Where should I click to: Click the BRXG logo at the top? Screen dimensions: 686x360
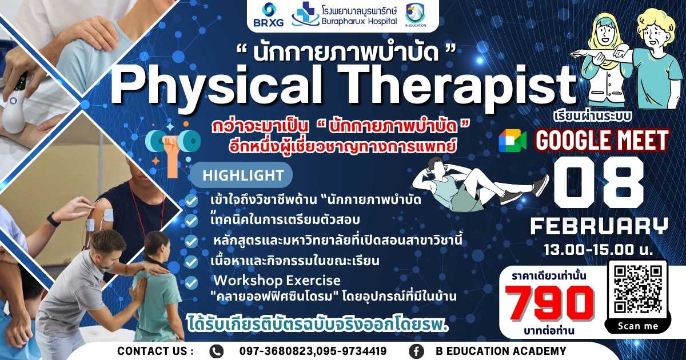[268, 15]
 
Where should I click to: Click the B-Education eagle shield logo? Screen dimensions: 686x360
[415, 15]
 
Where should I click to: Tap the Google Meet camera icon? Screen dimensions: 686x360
[512, 141]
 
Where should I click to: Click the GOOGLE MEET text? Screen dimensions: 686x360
[602, 141]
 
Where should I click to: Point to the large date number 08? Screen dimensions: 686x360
[600, 183]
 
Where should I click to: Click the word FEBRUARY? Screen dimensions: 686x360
[599, 226]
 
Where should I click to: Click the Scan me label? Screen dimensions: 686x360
[638, 326]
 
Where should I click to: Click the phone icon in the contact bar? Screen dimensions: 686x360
[217, 351]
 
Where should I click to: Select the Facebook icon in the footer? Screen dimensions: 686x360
[417, 351]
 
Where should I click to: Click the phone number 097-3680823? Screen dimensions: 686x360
[277, 351]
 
